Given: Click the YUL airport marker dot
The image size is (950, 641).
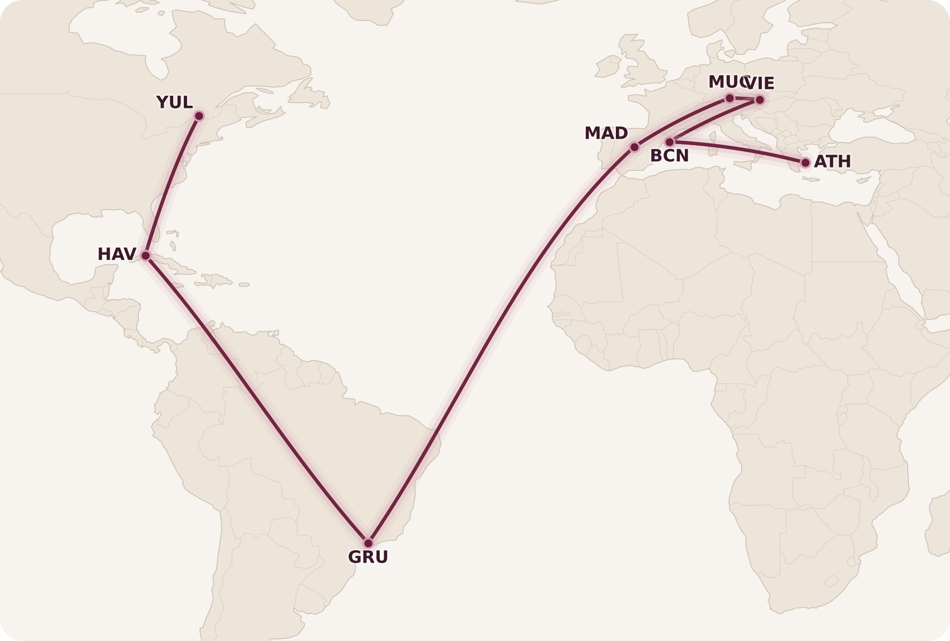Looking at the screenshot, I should tap(199, 116).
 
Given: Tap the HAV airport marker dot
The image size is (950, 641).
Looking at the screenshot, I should tap(145, 255).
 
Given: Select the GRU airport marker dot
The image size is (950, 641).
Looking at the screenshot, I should tap(368, 543).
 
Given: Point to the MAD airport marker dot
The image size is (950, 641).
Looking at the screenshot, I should tap(634, 147).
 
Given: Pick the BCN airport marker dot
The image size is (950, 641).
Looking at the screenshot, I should tap(670, 142).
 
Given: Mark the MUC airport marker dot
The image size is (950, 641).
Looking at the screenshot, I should tap(729, 98).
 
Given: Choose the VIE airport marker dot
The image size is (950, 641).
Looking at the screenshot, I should tap(760, 100).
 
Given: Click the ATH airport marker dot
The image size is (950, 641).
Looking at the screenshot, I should tap(805, 162).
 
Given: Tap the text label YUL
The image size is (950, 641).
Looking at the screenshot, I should tap(174, 103).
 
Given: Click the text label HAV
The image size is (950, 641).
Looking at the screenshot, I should tap(116, 254).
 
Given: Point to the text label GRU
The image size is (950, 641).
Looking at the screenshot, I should tap(368, 557).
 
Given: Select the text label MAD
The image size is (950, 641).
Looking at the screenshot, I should tap(606, 134).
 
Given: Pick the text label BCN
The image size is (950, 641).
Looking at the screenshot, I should tap(669, 156).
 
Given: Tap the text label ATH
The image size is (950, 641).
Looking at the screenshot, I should tap(833, 162).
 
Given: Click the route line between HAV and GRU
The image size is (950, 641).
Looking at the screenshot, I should tap(256, 398).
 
